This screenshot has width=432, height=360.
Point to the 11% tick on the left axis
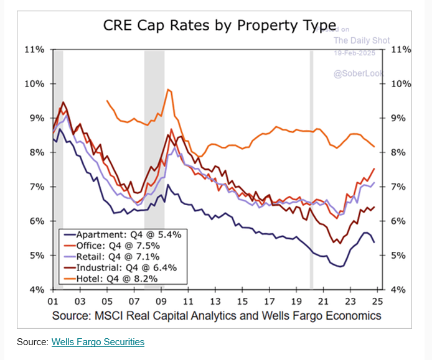tap(35, 49)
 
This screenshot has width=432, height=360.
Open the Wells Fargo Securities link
tap(98, 342)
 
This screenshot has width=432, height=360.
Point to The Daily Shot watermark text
tap(362, 40)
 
